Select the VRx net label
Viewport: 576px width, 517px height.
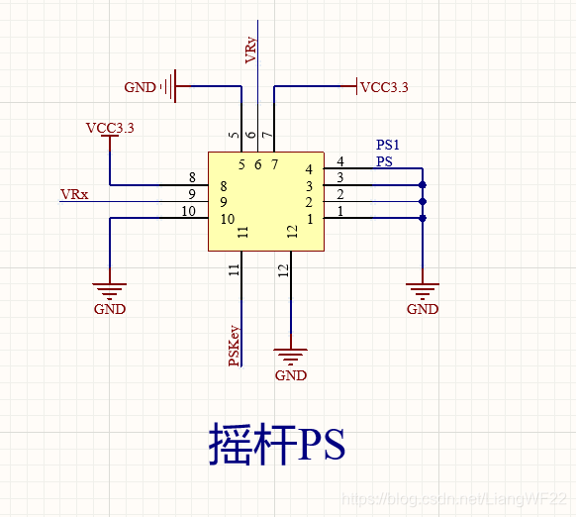(74, 194)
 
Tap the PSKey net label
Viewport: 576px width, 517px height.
(235, 346)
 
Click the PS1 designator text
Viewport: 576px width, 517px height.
(388, 145)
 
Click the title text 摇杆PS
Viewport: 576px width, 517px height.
(277, 444)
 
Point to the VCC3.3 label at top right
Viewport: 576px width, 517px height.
(384, 87)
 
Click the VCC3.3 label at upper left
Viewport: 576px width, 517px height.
(110, 128)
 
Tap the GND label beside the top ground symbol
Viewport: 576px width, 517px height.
(140, 87)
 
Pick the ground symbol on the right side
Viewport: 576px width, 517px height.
(423, 290)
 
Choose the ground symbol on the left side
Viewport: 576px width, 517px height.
(110, 290)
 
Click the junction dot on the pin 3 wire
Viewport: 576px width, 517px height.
(423, 185)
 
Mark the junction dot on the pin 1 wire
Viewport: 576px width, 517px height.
(423, 219)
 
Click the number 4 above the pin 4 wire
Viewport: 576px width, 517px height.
(340, 161)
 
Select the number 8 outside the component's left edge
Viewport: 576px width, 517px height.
(191, 177)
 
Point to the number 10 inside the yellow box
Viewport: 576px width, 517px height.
(227, 219)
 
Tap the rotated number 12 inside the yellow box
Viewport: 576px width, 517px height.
(292, 232)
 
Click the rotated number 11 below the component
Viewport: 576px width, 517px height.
(235, 268)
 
